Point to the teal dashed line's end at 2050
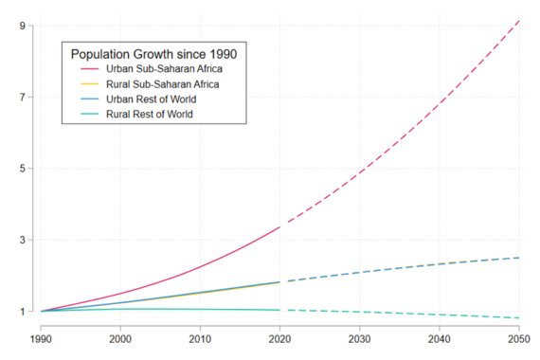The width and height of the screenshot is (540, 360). pyautogui.click(x=519, y=318)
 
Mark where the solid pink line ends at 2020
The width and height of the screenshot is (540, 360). pyautogui.click(x=279, y=227)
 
